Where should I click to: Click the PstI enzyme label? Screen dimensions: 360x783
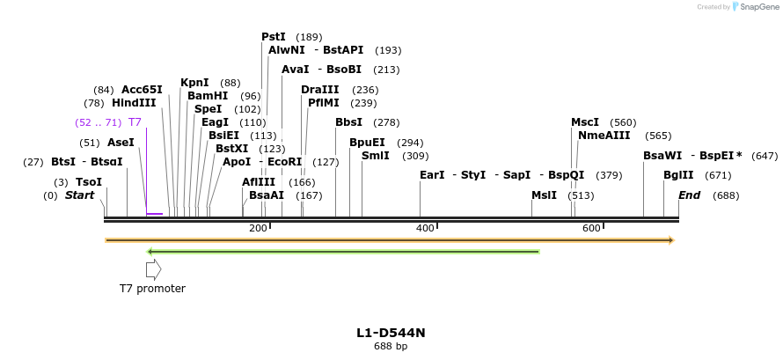coord(274,37)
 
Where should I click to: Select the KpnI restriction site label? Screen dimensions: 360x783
coord(194,83)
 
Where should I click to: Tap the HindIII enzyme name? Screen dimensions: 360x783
coord(134,103)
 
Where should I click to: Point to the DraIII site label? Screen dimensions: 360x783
coord(319,90)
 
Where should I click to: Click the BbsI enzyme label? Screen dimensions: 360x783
coord(348,122)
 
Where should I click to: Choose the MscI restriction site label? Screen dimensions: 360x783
coord(585,122)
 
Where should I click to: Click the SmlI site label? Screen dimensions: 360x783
coord(376,156)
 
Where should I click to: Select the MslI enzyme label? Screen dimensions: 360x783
coord(544,195)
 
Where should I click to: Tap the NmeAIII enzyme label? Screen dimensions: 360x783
coord(604,136)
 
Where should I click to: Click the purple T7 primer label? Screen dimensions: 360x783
coord(135,122)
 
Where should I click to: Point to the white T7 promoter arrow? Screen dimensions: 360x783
coord(153,270)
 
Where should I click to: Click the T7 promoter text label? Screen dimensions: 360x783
coord(152,289)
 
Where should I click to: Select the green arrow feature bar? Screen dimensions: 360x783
coord(343,252)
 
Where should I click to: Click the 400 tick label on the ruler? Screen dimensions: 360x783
coord(425,229)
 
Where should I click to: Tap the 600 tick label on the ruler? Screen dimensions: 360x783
coord(591,229)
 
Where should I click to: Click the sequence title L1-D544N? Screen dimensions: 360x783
coord(391,333)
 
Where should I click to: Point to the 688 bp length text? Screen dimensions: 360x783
coord(391,347)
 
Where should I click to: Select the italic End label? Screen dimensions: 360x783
coord(689,195)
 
